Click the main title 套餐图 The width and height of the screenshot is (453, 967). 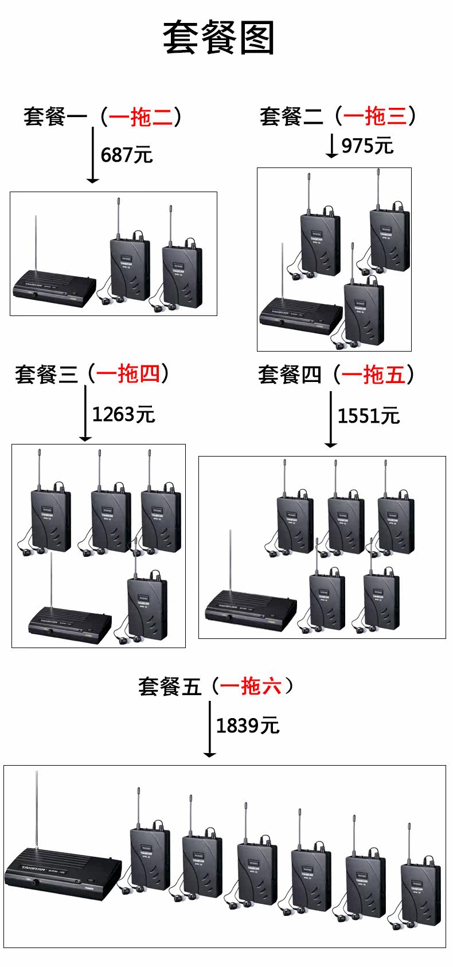(219, 38)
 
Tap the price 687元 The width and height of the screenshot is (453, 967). (127, 155)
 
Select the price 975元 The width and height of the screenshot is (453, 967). (368, 146)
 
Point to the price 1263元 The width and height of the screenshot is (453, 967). (124, 414)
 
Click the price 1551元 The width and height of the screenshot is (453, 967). (368, 416)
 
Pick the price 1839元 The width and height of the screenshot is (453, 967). (248, 726)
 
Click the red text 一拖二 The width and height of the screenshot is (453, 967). (140, 117)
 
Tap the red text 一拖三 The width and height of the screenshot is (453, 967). (375, 116)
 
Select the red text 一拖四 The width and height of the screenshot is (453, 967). (128, 374)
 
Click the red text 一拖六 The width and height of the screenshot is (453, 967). (251, 686)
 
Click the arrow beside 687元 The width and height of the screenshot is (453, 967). (92, 155)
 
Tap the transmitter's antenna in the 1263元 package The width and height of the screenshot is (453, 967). (51, 579)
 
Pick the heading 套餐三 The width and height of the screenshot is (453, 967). (46, 375)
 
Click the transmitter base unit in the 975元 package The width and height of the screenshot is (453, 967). (301, 315)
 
